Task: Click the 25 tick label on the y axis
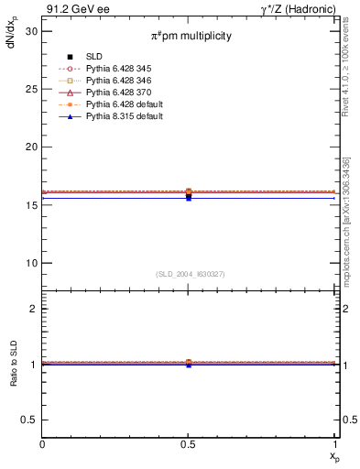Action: point(32,89)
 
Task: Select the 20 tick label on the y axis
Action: point(32,147)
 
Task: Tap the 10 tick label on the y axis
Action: point(32,263)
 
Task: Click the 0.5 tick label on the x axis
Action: point(189,443)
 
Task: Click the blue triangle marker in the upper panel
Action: point(189,198)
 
